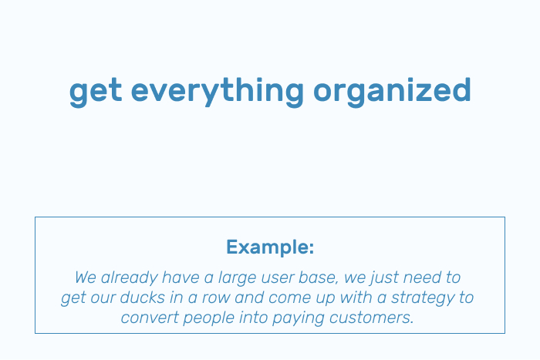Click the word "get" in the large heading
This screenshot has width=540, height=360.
[96, 92]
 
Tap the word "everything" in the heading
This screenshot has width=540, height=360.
[218, 92]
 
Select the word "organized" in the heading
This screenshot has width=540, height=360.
[392, 92]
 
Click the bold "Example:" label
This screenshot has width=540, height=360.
[270, 247]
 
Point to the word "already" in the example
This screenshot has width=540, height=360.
[129, 278]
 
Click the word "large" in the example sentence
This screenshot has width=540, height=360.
[238, 278]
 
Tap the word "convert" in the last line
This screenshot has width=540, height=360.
[150, 318]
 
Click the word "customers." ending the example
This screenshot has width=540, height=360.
[371, 318]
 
